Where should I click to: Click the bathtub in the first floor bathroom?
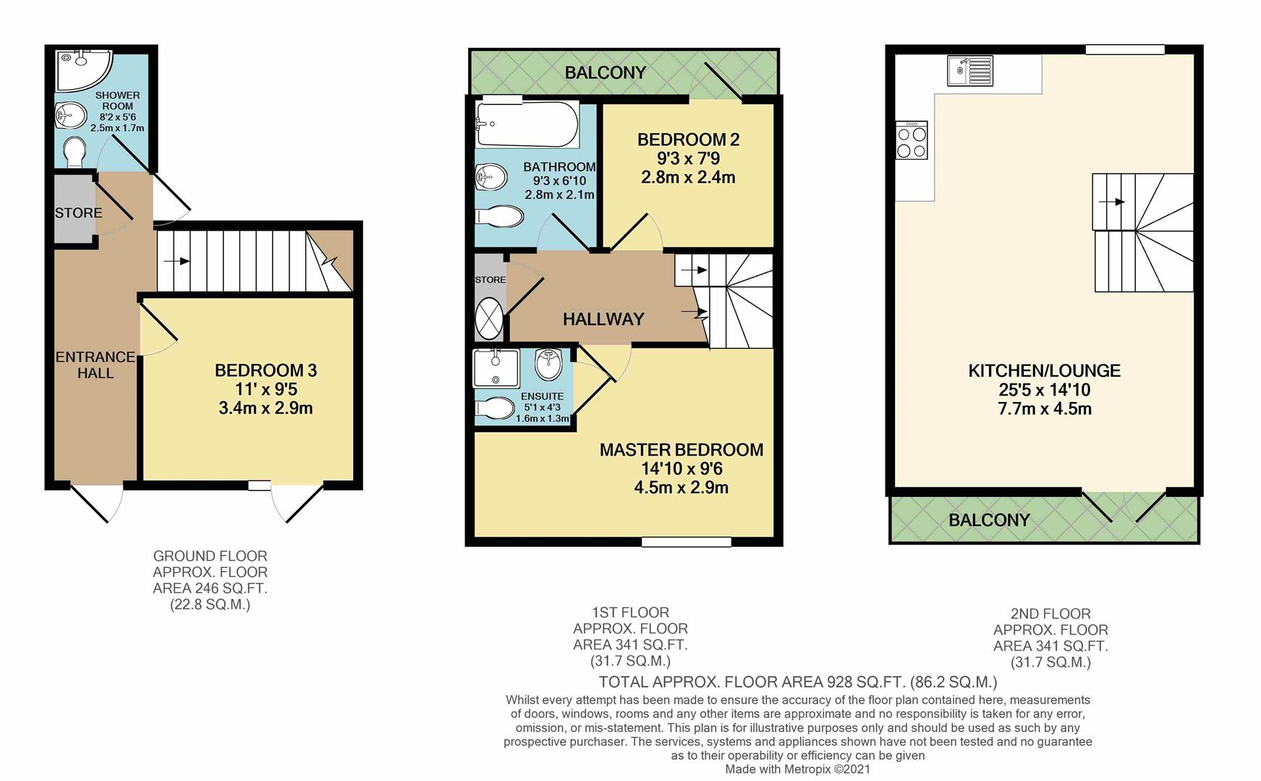pos(527,124)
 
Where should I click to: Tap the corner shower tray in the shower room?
pos(80,70)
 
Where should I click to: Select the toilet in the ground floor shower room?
pos(73,153)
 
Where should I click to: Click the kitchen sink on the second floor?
pos(969,70)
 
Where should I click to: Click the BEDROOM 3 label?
pos(266,371)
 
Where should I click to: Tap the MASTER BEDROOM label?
pos(681,450)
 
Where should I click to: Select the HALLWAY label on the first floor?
pos(603,319)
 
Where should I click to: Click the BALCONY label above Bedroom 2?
pos(605,72)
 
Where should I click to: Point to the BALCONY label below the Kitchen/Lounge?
pos(988,520)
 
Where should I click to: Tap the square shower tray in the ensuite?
pos(496,367)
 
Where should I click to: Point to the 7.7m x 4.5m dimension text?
pos(1044,409)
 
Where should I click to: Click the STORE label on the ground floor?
pos(78,213)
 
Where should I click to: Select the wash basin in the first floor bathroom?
pos(490,176)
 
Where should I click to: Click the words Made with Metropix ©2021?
pos(797,769)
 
